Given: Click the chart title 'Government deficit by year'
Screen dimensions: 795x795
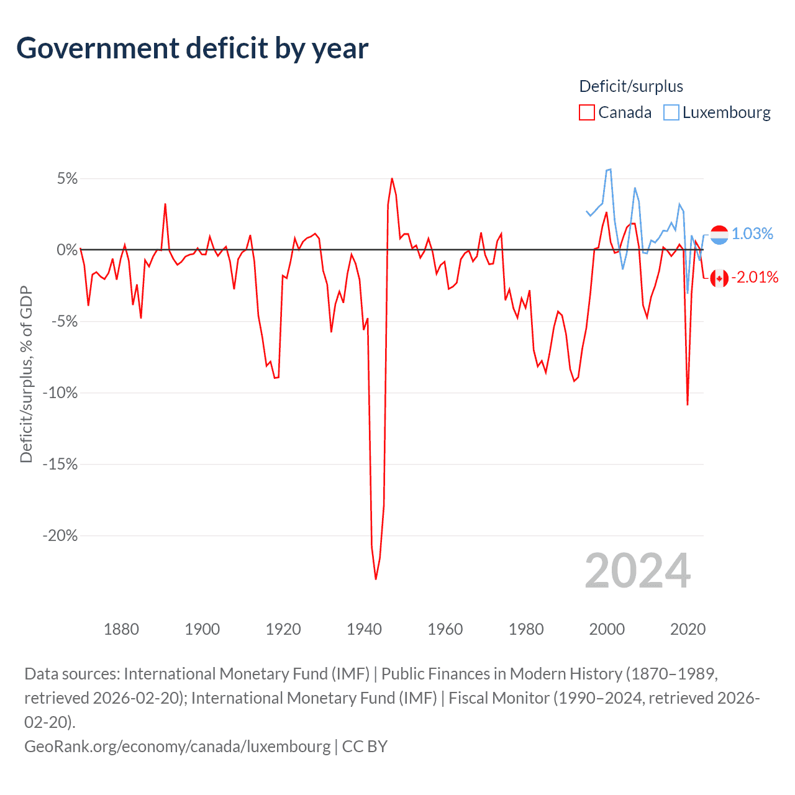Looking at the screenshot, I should [x=193, y=48].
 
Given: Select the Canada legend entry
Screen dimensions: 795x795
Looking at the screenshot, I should [x=616, y=112].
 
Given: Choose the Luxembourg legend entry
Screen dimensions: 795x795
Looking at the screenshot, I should [x=717, y=112].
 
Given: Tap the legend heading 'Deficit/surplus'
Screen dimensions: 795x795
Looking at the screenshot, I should [x=631, y=86].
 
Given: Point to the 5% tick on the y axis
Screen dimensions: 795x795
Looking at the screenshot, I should [x=67, y=179].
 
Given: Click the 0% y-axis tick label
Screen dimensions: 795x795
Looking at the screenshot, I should [x=67, y=250].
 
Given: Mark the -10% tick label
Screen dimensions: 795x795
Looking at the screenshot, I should [x=60, y=393].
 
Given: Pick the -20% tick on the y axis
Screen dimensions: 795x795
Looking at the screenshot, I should [x=60, y=535].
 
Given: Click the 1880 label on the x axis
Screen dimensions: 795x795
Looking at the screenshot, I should [x=121, y=629].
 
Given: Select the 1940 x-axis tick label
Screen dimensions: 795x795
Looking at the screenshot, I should [x=364, y=629].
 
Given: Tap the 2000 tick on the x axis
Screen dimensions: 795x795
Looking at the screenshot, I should [x=607, y=629].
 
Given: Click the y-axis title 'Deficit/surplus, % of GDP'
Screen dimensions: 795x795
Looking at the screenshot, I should [x=26, y=374].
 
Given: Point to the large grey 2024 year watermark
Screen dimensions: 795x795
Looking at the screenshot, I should [x=638, y=571].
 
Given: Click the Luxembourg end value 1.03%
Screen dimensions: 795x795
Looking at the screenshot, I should [x=752, y=234].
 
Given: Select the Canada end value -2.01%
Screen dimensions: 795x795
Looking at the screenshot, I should [x=755, y=277].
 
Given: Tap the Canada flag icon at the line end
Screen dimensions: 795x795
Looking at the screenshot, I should [x=719, y=278].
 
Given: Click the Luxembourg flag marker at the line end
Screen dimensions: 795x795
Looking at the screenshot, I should [x=719, y=235].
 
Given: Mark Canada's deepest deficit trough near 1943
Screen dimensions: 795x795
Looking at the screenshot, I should [x=376, y=579].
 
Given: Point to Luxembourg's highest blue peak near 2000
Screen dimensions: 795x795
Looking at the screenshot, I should [x=610, y=169].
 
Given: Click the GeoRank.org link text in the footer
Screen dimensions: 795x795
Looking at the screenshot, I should [x=177, y=746].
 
